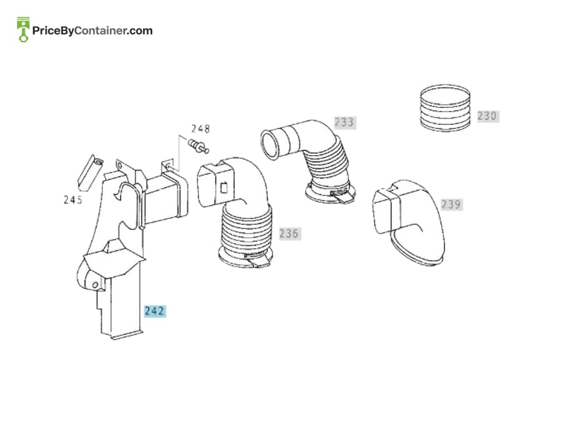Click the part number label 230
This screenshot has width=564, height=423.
pos(488,116)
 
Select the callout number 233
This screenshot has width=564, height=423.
pos(345,122)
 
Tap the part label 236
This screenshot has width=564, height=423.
pos(290,233)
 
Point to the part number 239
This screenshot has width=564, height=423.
pos(451,204)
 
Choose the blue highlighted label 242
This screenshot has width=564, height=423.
pos(154,311)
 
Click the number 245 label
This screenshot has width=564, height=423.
pos(73,200)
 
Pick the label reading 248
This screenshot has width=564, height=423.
pos(200,128)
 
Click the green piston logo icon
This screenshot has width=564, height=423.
pos(23,30)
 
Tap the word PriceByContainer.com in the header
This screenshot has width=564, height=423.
pos(92,30)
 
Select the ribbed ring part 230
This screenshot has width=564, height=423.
pos(445,108)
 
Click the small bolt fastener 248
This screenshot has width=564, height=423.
pos(199,146)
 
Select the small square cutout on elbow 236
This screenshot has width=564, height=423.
pos(223,188)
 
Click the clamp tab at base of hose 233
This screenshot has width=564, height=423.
pos(343,197)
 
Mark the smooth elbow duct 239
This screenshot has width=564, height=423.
pos(409,222)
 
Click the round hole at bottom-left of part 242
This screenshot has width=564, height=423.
pos(95,286)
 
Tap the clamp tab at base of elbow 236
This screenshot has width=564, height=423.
pos(255,259)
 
